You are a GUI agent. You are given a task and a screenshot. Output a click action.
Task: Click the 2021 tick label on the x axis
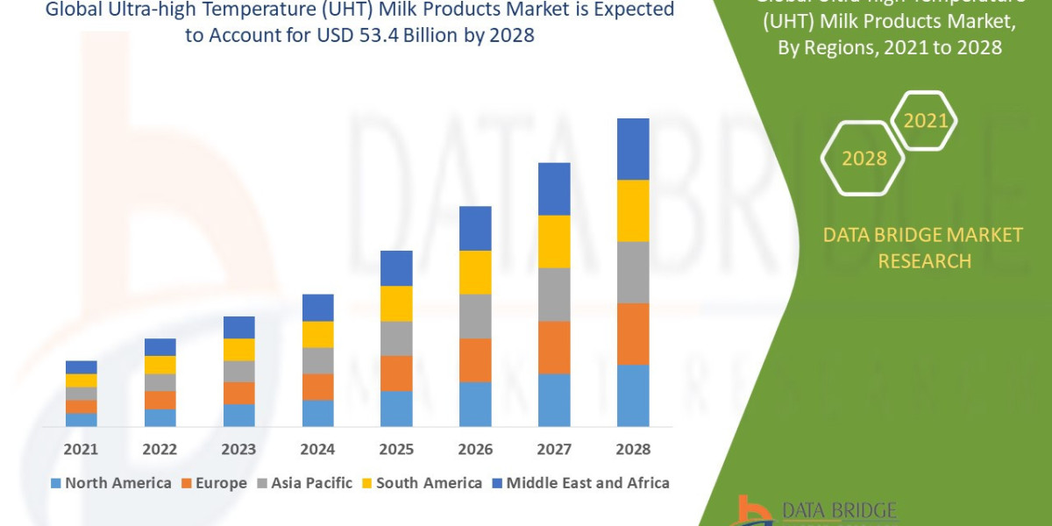(81, 449)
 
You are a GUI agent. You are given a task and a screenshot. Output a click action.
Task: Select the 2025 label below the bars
(396, 449)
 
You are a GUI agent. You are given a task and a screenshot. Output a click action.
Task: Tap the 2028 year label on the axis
(633, 449)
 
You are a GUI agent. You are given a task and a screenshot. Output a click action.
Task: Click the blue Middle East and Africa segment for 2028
(633, 149)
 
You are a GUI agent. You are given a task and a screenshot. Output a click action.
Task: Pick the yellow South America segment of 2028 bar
(633, 210)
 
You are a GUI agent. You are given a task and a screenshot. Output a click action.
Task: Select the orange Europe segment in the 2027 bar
(554, 347)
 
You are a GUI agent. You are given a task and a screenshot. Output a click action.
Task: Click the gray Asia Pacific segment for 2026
(475, 316)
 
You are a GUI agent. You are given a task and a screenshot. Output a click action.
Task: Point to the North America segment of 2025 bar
(396, 409)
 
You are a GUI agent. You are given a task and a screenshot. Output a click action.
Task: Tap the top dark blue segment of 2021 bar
(81, 366)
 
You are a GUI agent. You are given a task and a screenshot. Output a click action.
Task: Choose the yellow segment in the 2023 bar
(238, 349)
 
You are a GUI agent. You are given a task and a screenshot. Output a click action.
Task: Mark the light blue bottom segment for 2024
(317, 413)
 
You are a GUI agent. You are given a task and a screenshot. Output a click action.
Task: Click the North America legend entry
(111, 483)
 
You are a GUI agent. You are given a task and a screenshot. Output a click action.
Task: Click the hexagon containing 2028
(864, 159)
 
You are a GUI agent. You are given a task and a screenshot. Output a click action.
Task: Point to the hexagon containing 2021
(925, 120)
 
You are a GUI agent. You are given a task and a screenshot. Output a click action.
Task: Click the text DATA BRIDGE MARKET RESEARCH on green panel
(924, 247)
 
